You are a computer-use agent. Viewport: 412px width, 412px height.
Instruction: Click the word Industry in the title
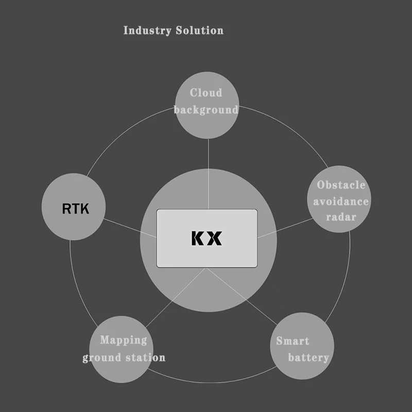pyautogui.click(x=147, y=30)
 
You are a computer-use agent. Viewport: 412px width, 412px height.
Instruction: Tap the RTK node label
pyautogui.click(x=75, y=209)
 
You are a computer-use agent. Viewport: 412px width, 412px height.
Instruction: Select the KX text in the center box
pyautogui.click(x=207, y=238)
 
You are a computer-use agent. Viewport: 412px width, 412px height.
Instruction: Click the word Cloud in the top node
pyautogui.click(x=206, y=93)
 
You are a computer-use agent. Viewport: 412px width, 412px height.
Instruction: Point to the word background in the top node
pyautogui.click(x=206, y=110)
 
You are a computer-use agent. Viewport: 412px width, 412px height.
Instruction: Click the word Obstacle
pyautogui.click(x=341, y=185)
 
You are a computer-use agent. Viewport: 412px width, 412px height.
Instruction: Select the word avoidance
pyautogui.click(x=341, y=201)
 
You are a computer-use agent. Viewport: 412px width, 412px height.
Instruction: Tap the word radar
pyautogui.click(x=341, y=217)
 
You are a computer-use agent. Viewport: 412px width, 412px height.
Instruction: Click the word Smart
pyautogui.click(x=293, y=341)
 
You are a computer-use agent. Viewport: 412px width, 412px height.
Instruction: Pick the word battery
pyautogui.click(x=308, y=357)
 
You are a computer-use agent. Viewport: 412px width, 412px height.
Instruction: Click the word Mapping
pyautogui.click(x=124, y=340)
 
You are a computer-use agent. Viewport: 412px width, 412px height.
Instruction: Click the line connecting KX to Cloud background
pyautogui.click(x=208, y=170)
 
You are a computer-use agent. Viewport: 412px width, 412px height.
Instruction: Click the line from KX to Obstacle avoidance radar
pyautogui.click(x=284, y=228)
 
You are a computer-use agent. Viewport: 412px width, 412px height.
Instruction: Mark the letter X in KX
pyautogui.click(x=215, y=238)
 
